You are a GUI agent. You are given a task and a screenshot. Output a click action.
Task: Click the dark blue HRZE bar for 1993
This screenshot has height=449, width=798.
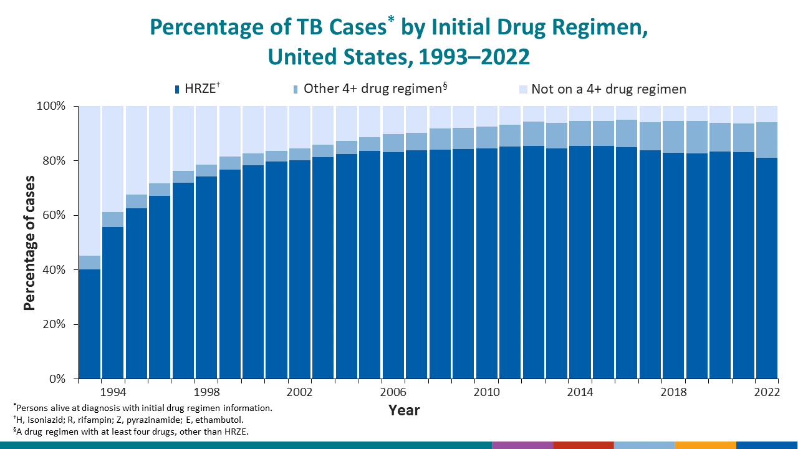(x=89, y=324)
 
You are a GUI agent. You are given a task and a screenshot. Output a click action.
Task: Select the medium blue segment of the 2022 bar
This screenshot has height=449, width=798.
(x=767, y=140)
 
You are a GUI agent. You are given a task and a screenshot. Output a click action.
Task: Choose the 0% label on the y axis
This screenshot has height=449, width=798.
(x=57, y=379)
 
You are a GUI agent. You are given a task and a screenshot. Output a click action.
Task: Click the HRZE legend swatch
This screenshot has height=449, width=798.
(x=178, y=89)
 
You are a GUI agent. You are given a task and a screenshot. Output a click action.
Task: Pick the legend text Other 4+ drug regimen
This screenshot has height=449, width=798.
(x=372, y=89)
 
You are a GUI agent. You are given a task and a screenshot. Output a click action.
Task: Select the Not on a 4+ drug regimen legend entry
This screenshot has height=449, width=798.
(x=608, y=89)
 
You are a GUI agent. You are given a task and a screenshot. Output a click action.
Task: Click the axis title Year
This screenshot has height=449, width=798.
(x=404, y=410)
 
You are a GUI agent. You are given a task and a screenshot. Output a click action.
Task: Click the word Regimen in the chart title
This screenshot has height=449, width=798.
(x=595, y=28)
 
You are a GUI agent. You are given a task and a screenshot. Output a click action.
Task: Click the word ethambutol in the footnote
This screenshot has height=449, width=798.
(x=220, y=420)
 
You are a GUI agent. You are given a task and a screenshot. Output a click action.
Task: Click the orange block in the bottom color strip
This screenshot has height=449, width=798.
(x=705, y=445)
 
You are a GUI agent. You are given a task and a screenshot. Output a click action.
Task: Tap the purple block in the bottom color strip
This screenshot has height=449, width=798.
(x=522, y=445)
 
